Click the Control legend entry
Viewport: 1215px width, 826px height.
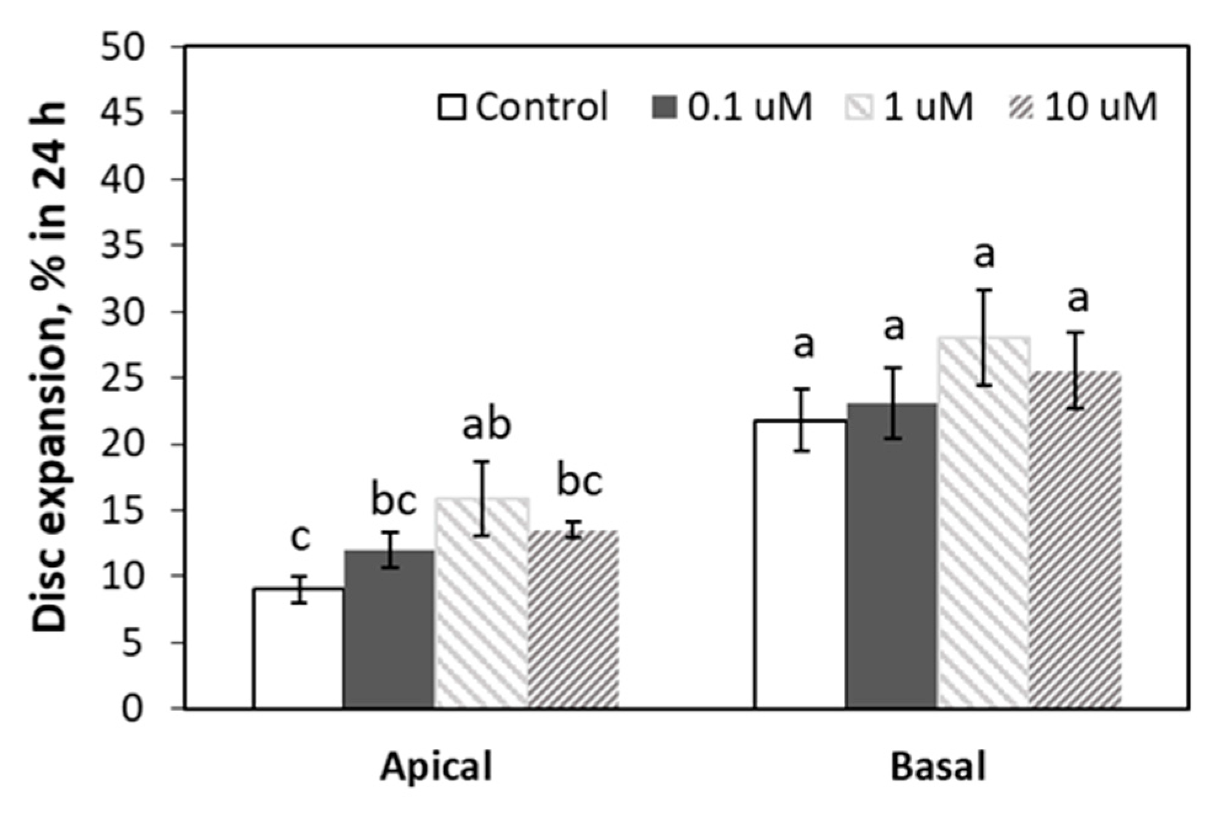pos(523,106)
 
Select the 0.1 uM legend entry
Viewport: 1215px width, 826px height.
pos(732,106)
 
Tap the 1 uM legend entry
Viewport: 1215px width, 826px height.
pos(910,106)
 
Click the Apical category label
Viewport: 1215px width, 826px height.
pos(436,767)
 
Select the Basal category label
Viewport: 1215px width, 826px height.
pos(938,767)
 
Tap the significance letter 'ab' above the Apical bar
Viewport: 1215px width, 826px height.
pos(486,425)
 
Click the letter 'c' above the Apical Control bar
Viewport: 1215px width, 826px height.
pos(300,537)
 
